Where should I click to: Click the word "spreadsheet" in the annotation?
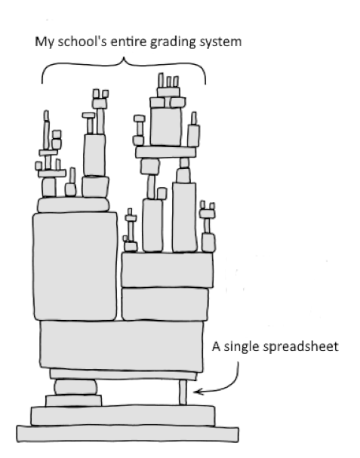pyautogui.click(x=300, y=347)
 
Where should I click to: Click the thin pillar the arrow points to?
pyautogui.click(x=183, y=392)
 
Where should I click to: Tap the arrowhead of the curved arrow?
pyautogui.click(x=197, y=392)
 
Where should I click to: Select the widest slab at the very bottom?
pyautogui.click(x=128, y=434)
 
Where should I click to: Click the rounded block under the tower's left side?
pyautogui.click(x=75, y=387)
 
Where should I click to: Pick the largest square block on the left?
pyautogui.click(x=75, y=266)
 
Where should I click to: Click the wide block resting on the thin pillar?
pyautogui.click(x=122, y=346)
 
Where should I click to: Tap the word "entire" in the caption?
pyautogui.click(x=128, y=41)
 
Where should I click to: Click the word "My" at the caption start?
pyautogui.click(x=45, y=42)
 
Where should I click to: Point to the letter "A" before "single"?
pyautogui.click(x=216, y=346)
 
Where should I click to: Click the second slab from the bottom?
pyautogui.click(x=123, y=415)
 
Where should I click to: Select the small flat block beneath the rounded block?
pyautogui.click(x=74, y=401)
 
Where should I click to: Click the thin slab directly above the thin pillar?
pyautogui.click(x=123, y=375)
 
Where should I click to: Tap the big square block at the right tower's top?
pyautogui.click(x=166, y=127)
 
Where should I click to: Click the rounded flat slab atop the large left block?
pyautogui.click(x=73, y=204)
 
